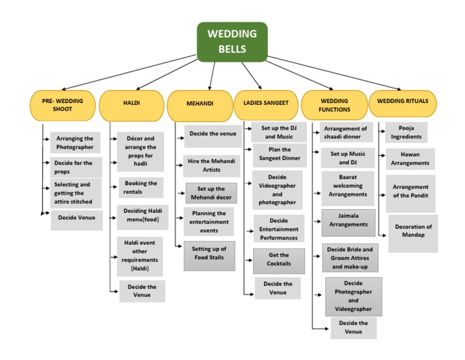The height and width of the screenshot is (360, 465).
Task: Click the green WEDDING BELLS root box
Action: point(232,42)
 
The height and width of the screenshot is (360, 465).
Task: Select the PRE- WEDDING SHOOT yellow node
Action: point(63,105)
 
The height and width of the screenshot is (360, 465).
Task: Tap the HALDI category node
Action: point(131,104)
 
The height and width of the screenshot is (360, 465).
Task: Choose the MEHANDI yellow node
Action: point(199,104)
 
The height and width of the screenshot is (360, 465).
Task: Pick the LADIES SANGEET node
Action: point(266,104)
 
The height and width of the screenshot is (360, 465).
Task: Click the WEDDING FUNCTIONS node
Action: point(334,105)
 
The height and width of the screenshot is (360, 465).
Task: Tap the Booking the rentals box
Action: point(140,187)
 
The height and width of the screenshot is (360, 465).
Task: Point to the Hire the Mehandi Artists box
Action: point(211,165)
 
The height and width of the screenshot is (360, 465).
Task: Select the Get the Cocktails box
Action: point(279,259)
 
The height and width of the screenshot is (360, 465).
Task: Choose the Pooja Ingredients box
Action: point(406,133)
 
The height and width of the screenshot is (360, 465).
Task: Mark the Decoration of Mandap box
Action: point(413,231)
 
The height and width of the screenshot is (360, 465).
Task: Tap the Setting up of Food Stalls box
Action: point(209,253)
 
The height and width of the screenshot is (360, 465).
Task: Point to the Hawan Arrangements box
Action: point(410,159)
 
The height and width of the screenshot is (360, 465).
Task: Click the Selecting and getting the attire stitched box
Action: point(76,193)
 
